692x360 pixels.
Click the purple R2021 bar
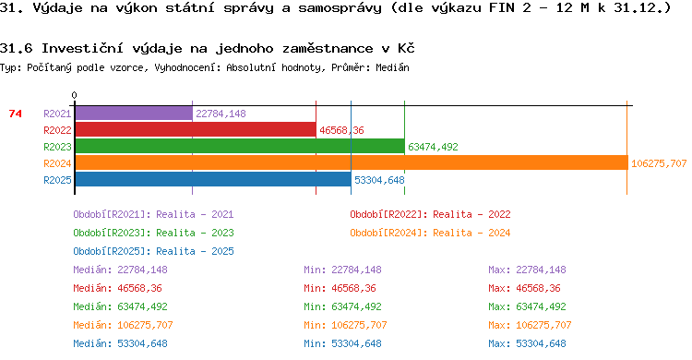(x=134, y=114)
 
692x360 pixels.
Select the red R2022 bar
(x=196, y=130)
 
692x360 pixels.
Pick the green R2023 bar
(x=240, y=146)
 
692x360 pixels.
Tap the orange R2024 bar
(x=352, y=162)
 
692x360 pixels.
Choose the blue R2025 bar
(x=214, y=179)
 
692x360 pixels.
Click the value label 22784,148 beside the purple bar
(x=221, y=114)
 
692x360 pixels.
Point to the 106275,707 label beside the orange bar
(x=659, y=164)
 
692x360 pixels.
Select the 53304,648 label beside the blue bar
(x=379, y=180)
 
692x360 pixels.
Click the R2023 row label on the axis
(x=57, y=147)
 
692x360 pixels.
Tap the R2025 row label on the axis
(x=57, y=180)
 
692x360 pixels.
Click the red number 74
(x=15, y=114)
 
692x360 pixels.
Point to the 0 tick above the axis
(x=74, y=95)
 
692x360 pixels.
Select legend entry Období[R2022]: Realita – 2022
(x=430, y=215)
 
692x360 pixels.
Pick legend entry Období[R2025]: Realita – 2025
(x=153, y=251)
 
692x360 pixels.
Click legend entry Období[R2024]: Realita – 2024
(x=430, y=233)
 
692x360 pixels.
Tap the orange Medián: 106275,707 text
(x=123, y=326)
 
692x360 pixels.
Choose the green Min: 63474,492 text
(x=342, y=307)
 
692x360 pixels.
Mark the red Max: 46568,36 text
(x=524, y=288)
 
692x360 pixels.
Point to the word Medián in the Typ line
(x=392, y=67)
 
